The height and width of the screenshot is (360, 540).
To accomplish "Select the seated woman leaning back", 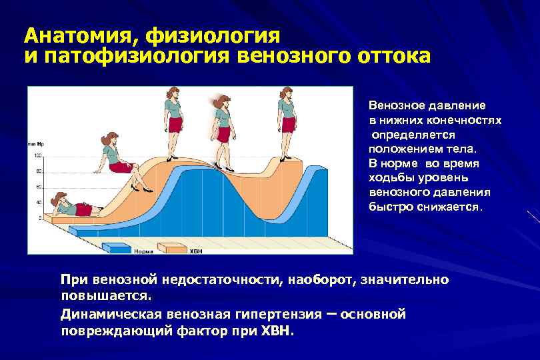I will pos(117,156).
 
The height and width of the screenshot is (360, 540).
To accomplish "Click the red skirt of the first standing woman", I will pos(175,125).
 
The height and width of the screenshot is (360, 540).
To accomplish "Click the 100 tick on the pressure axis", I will pos(37,155).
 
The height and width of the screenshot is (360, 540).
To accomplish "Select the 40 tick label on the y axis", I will pos(38,202).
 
